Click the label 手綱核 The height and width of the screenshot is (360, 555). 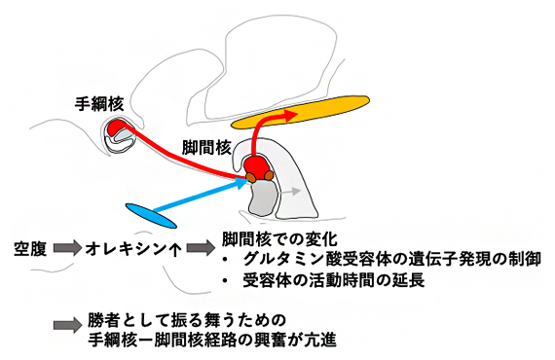(x=100, y=101)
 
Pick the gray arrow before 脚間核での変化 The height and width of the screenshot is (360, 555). (x=200, y=247)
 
